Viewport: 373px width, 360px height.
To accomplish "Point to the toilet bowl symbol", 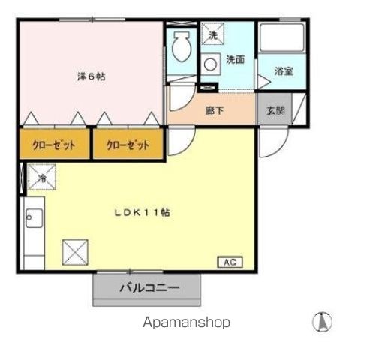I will click(x=180, y=49).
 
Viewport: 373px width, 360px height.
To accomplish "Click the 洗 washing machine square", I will click(x=212, y=34).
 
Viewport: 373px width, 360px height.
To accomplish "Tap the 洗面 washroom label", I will click(x=235, y=60).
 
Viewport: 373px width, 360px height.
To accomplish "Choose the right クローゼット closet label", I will click(x=128, y=145).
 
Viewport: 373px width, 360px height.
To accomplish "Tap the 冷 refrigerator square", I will click(x=42, y=178).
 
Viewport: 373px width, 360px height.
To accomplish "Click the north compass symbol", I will click(x=322, y=322).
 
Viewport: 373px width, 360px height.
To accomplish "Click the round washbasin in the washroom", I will click(x=212, y=64).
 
